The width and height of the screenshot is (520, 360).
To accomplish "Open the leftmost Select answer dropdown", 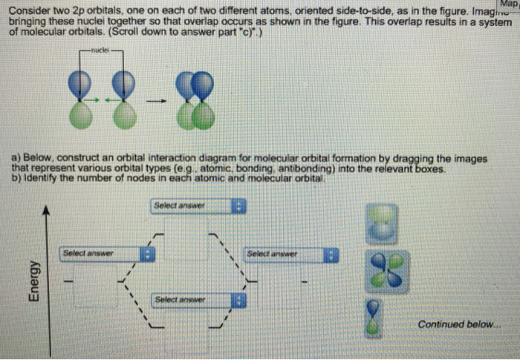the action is tap(108, 254).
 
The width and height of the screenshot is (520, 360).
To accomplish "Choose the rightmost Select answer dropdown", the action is tap(290, 255).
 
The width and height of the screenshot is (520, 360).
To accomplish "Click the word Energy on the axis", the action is tap(33, 280).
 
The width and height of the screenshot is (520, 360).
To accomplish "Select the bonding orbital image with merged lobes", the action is tap(386, 223).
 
